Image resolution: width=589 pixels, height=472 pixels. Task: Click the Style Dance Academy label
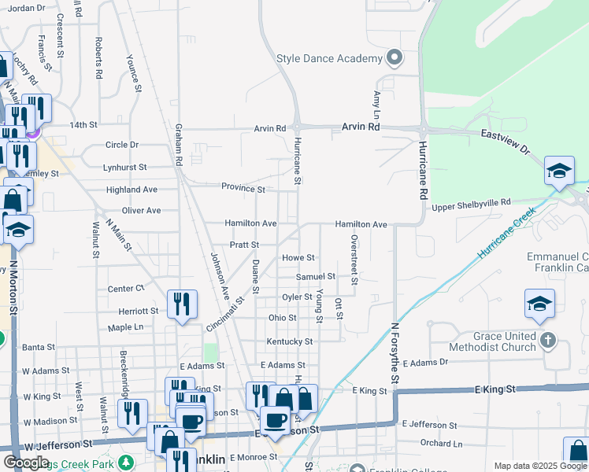[329, 58]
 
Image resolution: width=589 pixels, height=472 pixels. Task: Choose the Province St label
[243, 189]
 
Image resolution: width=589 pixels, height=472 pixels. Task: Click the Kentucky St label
[290, 341]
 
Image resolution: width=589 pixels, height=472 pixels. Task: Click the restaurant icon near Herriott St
[182, 303]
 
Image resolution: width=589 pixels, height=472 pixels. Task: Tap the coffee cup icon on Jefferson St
[275, 420]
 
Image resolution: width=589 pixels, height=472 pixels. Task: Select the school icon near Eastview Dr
[559, 171]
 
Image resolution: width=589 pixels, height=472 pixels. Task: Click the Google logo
[26, 462]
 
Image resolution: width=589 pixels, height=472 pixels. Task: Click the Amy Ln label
[376, 99]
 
